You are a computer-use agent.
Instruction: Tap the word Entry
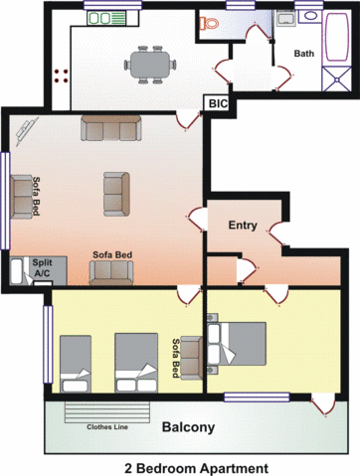point(243,226)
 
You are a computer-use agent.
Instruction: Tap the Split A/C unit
point(44,266)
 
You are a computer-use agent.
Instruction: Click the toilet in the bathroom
point(211,27)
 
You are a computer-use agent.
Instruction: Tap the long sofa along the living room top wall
point(110,128)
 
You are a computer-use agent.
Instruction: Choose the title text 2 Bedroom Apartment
point(182,466)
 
